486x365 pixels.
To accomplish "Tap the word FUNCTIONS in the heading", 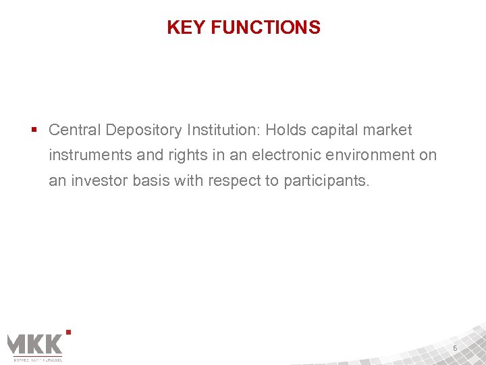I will [265, 28].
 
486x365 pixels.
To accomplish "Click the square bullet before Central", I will [34, 130].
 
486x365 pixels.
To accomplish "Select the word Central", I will [74, 130].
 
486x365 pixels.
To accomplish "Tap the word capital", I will [338, 130].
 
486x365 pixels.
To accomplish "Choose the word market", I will [389, 130].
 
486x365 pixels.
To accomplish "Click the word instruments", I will [91, 155].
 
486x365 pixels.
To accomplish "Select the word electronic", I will [286, 155].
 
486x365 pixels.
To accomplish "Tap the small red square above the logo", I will [69, 331].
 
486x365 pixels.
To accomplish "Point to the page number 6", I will [455, 348].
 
